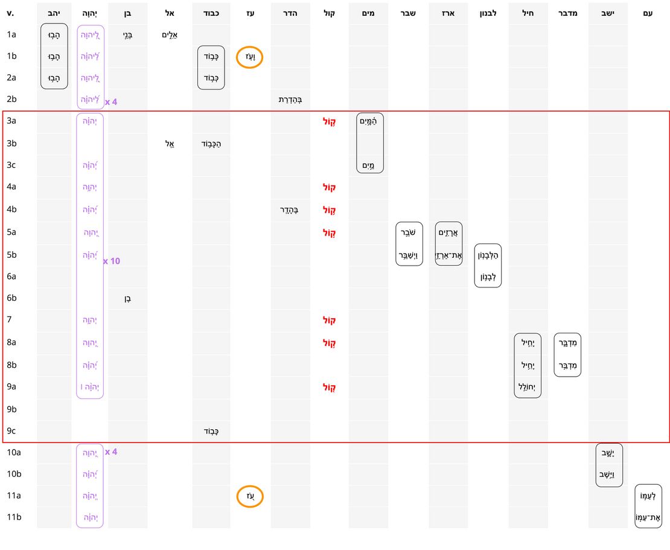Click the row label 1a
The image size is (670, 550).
(x=11, y=34)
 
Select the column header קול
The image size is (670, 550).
(x=330, y=13)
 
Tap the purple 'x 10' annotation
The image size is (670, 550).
(x=112, y=261)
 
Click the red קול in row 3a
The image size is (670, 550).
(x=330, y=121)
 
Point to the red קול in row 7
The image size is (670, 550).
(x=330, y=320)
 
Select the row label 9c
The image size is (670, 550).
(x=11, y=430)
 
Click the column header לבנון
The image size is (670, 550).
(x=487, y=13)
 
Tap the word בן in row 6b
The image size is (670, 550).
(x=127, y=298)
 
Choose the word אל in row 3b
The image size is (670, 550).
(x=170, y=144)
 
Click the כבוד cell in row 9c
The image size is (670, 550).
(x=211, y=431)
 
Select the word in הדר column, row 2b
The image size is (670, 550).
(x=290, y=100)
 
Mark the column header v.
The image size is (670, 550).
(x=10, y=13)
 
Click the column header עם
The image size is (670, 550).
(x=648, y=13)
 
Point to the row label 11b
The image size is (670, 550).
(x=14, y=517)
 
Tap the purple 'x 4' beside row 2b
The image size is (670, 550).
(x=111, y=102)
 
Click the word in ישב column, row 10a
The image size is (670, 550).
(x=608, y=453)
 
